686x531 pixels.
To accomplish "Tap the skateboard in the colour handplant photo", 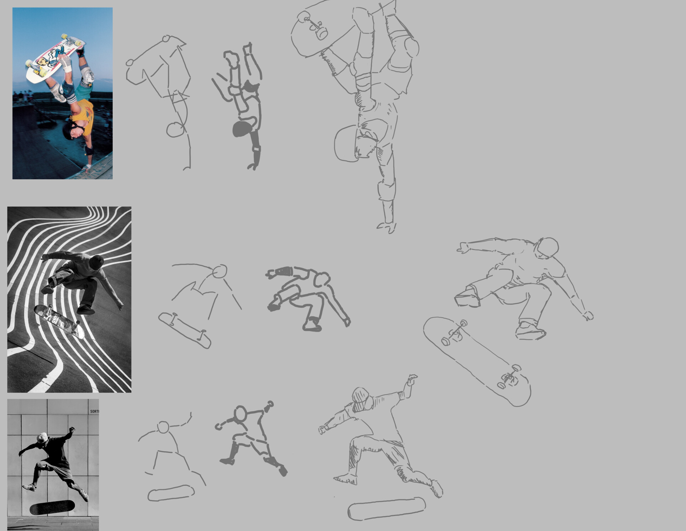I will (54, 59).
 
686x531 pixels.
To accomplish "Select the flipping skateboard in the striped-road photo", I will (59, 321).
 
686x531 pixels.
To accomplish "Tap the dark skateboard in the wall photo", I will (52, 507).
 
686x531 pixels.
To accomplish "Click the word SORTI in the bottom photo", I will (94, 411).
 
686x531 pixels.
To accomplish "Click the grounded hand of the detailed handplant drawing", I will (387, 227).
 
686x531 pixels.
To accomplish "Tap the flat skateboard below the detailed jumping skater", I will (387, 508).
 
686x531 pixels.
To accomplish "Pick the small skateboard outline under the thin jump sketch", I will (171, 493).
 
